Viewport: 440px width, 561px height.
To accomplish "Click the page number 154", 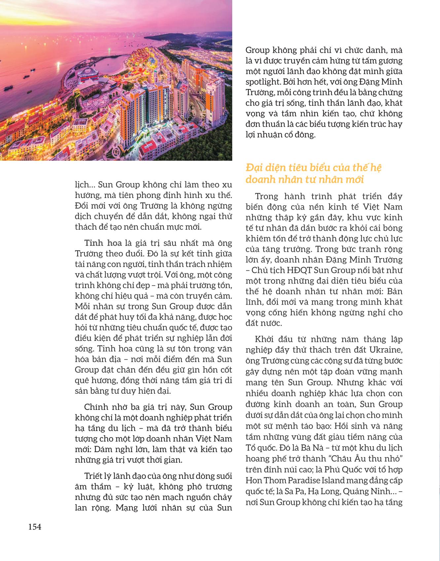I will (x=35, y=527).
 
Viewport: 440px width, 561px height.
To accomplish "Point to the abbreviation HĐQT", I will (x=298, y=270).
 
